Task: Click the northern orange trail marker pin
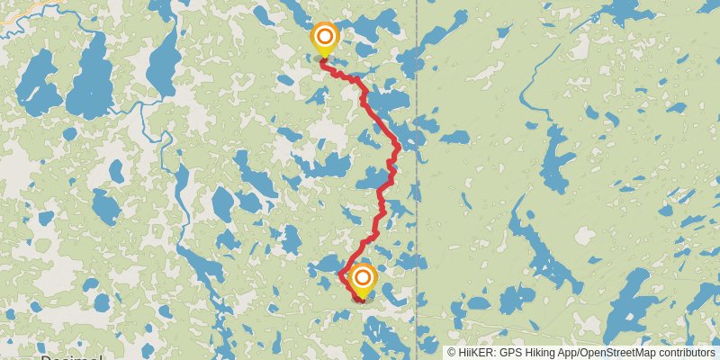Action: pos(324,39)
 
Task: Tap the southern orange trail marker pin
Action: pos(363,279)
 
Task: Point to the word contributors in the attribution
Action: pos(686,353)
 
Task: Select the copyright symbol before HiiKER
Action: pos(453,353)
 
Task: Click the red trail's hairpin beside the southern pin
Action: pos(340,273)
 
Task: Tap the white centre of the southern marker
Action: pos(363,278)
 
